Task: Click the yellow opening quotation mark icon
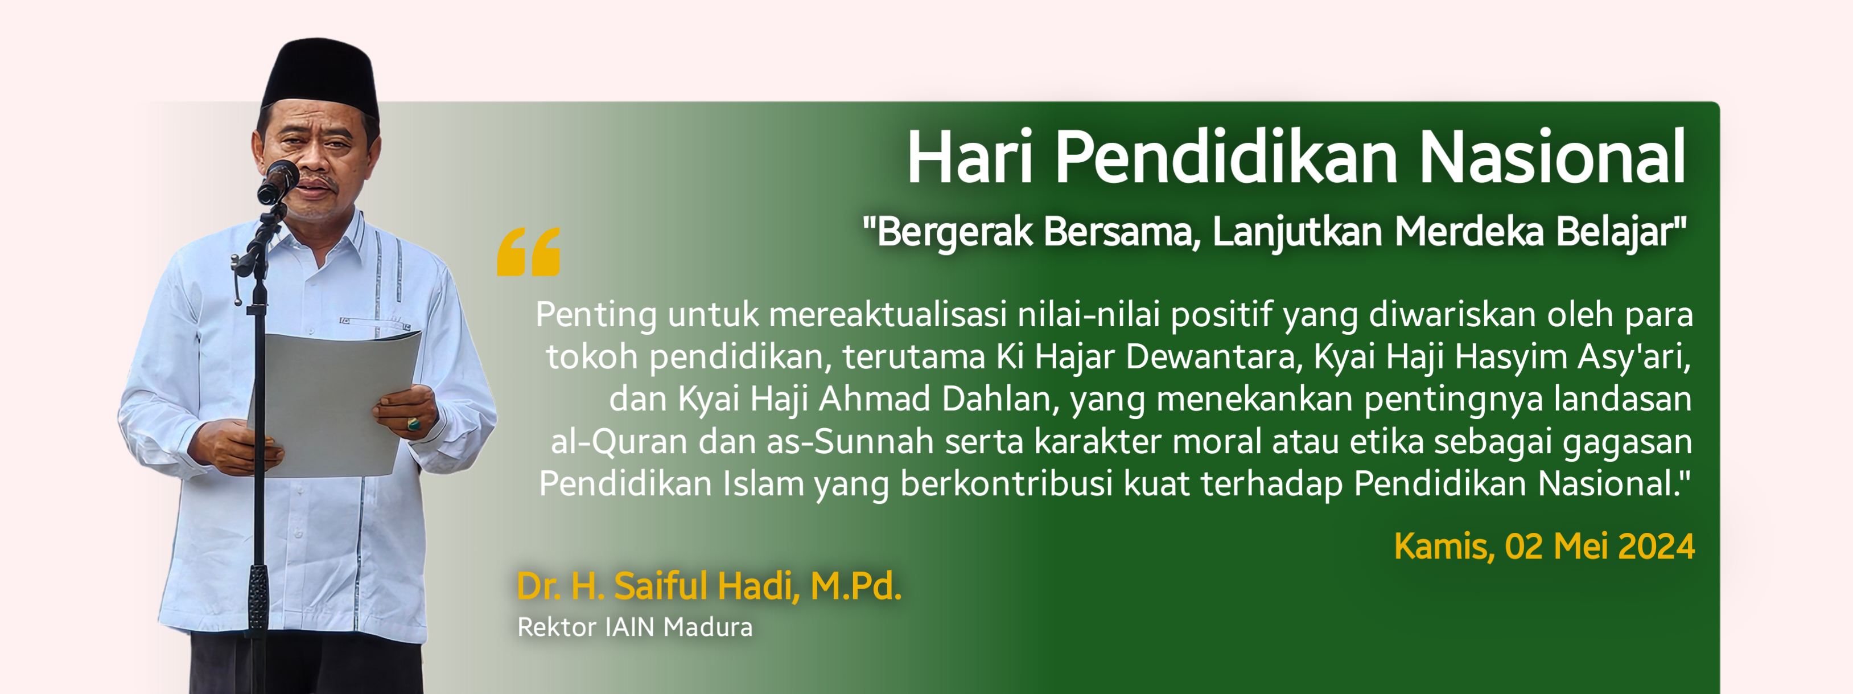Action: pyautogui.click(x=529, y=252)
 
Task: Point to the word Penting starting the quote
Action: pyautogui.click(x=596, y=315)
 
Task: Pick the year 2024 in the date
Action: pyautogui.click(x=1657, y=547)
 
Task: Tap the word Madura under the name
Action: pyautogui.click(x=708, y=627)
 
